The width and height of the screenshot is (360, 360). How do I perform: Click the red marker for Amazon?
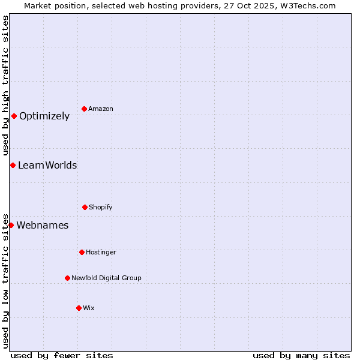84,109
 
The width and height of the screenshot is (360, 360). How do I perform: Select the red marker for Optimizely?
14,116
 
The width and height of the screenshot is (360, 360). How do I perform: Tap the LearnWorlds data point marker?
13,165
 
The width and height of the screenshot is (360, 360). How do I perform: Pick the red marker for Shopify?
85,207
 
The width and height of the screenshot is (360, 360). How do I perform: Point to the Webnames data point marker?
11,225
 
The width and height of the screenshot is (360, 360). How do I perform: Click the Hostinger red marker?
82,252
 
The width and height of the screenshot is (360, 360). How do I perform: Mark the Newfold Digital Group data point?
67,278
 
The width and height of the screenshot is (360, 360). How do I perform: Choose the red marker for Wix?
79,308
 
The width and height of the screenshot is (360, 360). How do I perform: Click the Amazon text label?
101,109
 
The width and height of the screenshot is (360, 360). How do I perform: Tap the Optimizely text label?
44,116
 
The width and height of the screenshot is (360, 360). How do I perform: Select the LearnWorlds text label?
47,166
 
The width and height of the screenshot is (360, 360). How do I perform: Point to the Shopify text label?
101,207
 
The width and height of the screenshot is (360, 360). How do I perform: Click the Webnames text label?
43,226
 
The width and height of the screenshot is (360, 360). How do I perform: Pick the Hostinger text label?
101,252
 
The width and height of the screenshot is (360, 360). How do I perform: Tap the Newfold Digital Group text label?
106,278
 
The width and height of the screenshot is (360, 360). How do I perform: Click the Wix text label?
89,308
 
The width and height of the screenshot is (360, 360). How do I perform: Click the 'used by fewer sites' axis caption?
62,355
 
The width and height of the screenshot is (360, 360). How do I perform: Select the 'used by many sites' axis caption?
301,355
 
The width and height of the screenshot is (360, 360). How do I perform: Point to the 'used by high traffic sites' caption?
5,85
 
